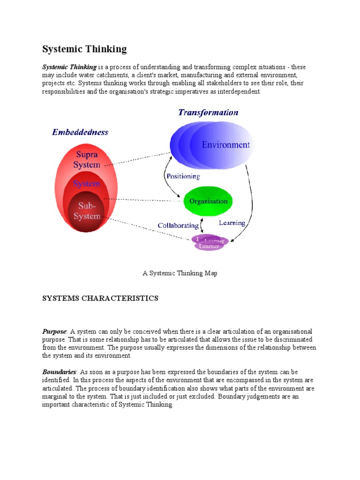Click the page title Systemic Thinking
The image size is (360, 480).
pos(84,49)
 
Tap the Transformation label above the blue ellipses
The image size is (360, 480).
pos(208,112)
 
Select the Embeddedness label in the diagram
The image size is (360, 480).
pos(80,132)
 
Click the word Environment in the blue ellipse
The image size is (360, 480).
pos(225,145)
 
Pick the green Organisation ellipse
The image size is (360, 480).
pos(208,202)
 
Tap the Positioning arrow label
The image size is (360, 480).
pos(183,177)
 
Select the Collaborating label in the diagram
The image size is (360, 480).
pos(178,225)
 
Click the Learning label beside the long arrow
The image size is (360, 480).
pos(232,223)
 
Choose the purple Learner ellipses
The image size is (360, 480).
pos(209,243)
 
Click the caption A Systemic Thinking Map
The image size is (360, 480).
pos(180,273)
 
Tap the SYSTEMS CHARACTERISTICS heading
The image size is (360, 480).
pos(100,298)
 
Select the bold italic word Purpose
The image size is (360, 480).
pos(54,331)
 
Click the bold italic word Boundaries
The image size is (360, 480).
pos(59,372)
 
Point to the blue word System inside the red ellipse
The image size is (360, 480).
pos(86,184)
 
